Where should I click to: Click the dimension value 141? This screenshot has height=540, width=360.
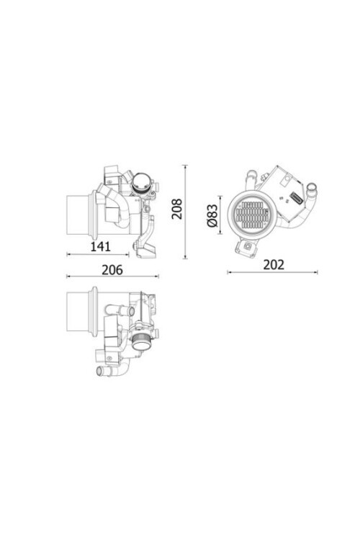100,246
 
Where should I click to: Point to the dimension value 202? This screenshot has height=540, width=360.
273,264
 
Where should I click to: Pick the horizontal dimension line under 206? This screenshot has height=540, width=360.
112,276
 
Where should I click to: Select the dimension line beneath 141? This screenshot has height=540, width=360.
100,254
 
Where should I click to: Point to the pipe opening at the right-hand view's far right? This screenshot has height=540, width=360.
312,192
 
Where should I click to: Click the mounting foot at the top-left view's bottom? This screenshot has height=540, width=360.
148,249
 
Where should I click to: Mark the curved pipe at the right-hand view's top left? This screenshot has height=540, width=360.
251,176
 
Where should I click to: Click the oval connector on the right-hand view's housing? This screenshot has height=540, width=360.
294,197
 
